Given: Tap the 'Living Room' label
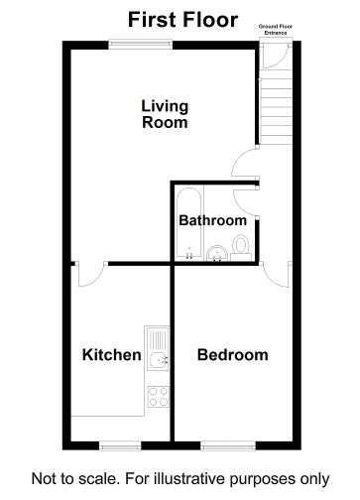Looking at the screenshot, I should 164,114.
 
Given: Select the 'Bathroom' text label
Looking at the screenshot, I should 211,220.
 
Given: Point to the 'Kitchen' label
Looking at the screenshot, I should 110,354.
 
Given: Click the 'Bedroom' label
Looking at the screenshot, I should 232,354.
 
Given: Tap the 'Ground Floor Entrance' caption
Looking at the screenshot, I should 275,32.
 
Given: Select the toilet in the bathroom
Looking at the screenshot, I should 241,248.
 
